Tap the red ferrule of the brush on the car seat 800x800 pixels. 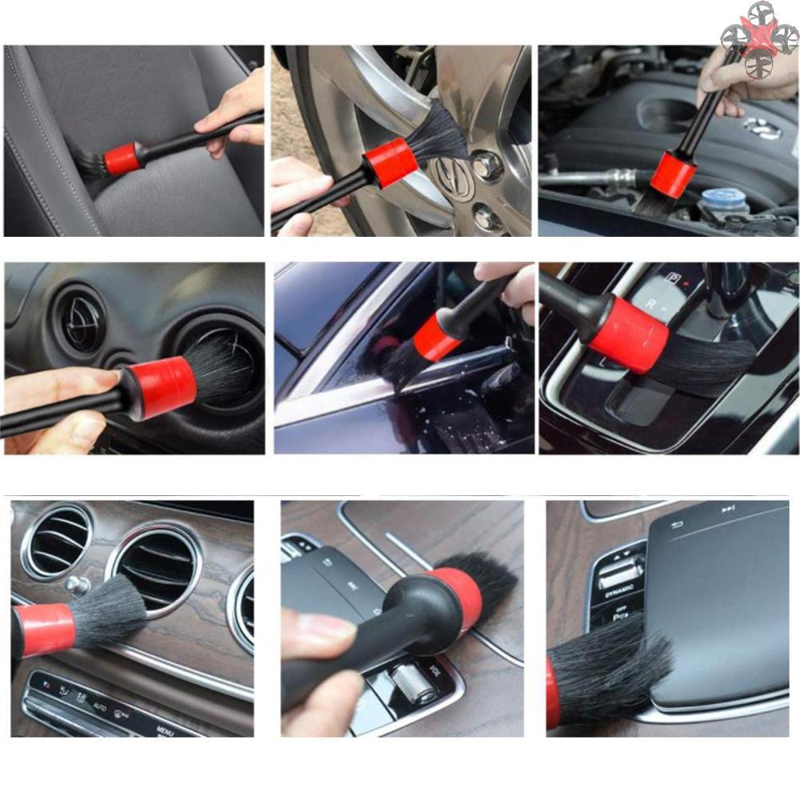(122, 159)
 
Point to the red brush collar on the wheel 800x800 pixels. (390, 162)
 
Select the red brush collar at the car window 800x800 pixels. (437, 337)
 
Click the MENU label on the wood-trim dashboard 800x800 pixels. (166, 730)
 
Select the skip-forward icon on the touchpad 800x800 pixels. (728, 509)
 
